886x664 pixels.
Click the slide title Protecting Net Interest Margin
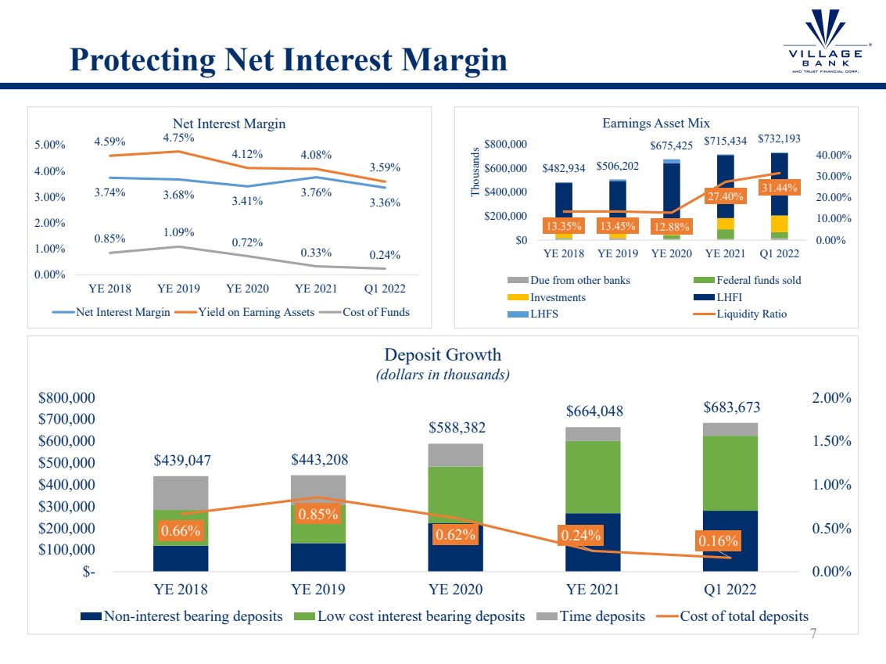(288, 59)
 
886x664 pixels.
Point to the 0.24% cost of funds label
(385, 254)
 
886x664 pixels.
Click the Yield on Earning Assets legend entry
(252, 312)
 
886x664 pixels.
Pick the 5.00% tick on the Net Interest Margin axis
(50, 145)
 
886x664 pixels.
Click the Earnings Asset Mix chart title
(655, 123)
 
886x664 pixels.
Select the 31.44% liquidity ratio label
(780, 187)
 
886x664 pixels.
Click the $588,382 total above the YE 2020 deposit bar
(456, 428)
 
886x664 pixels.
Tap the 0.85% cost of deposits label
(317, 515)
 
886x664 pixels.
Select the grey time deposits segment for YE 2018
(181, 493)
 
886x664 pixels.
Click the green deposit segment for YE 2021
(593, 477)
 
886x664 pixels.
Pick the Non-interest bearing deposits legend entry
(185, 616)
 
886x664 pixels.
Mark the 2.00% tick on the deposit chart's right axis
(830, 397)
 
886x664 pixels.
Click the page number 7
(812, 633)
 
